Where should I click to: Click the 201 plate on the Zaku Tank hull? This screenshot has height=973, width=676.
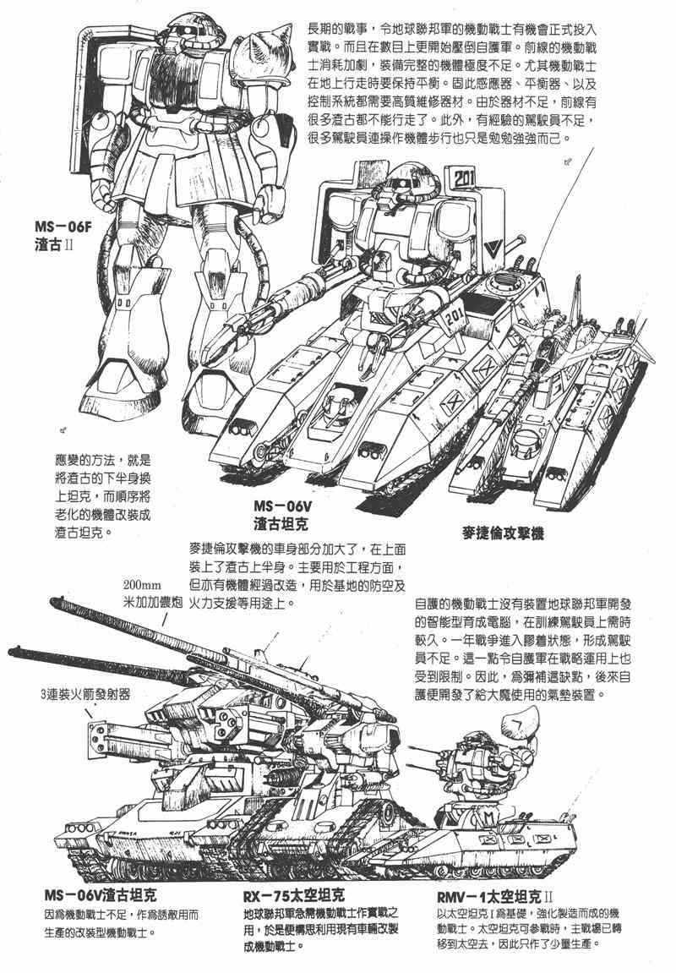coord(453,318)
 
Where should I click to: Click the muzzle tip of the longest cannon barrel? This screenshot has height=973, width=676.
coord(13,652)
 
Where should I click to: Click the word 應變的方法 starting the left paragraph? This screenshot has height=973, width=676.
coord(76,462)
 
